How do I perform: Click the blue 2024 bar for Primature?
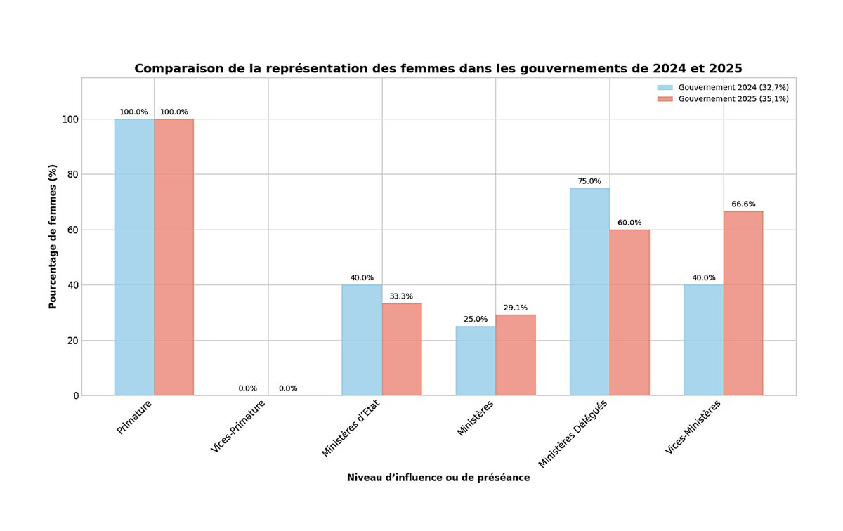point(134,257)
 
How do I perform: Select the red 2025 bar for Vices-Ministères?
point(743,303)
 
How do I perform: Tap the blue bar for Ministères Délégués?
point(589,291)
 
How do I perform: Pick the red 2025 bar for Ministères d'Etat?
point(402,349)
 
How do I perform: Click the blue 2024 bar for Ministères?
point(476,360)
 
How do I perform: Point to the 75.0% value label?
point(589,181)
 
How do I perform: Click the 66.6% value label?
point(743,204)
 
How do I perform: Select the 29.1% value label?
point(516,308)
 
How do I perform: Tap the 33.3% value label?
point(402,296)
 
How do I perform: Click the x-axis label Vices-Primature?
point(240,426)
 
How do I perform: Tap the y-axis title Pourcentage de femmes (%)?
point(53,237)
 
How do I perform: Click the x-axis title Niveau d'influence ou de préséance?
point(438,478)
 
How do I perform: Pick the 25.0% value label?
point(476,320)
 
